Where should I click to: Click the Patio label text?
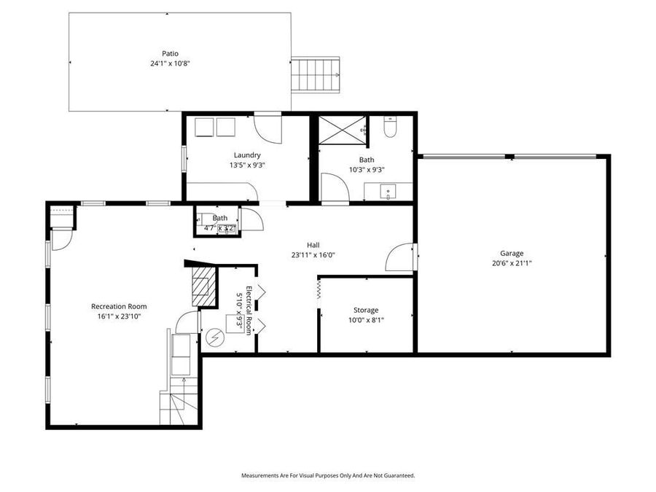click(169, 53)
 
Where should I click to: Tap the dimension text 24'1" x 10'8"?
click(169, 63)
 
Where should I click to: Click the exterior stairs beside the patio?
click(316, 74)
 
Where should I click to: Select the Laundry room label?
click(247, 155)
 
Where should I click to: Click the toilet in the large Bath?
click(389, 129)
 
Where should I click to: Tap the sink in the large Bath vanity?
click(388, 193)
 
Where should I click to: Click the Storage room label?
click(366, 310)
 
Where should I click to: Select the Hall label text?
click(313, 245)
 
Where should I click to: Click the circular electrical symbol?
click(215, 337)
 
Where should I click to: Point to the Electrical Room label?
click(249, 310)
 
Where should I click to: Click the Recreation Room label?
click(119, 306)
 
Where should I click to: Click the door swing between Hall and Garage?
click(400, 257)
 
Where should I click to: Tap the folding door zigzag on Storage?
click(319, 291)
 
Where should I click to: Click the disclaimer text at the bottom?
click(328, 475)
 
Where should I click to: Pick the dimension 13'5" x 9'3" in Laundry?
click(247, 165)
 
